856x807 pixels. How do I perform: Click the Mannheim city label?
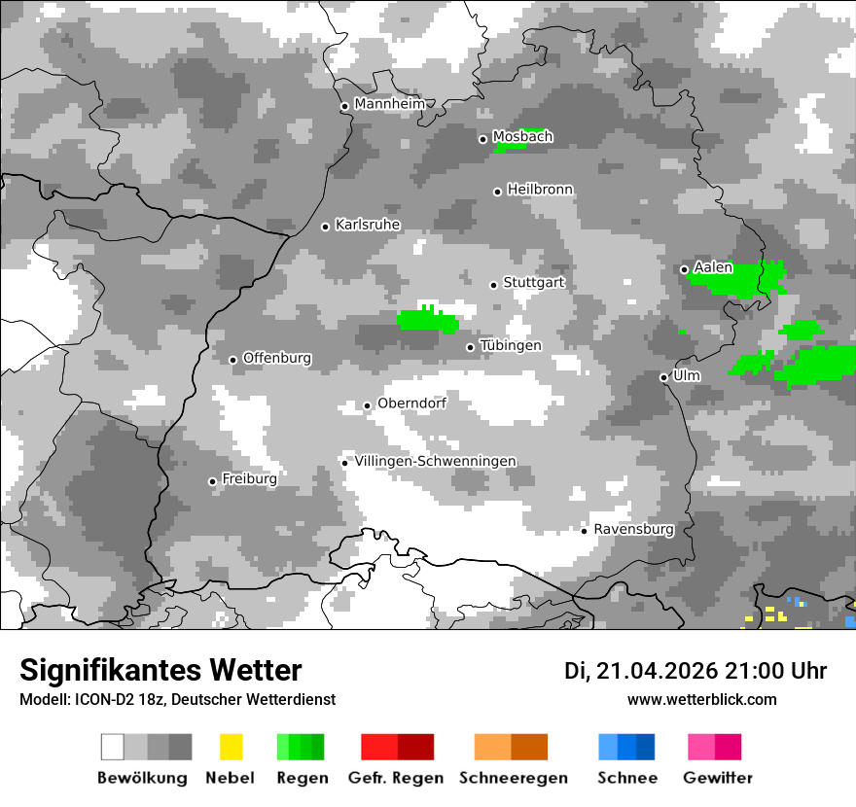pos(390,104)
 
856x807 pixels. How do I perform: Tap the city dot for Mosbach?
pos(482,139)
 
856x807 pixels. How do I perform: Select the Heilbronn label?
pos(540,190)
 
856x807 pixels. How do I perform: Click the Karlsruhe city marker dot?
pos(326,227)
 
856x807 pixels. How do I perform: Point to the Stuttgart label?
pos(534,283)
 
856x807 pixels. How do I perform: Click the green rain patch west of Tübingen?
pos(427,322)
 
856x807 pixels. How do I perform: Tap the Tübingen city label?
pos(511,346)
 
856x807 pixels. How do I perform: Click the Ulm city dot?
pos(663,377)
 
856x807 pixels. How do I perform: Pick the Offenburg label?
pos(277,358)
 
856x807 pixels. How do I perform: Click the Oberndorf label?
pos(411,403)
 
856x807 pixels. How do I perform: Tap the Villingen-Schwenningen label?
pos(435,461)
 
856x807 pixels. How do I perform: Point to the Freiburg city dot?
pos(212,481)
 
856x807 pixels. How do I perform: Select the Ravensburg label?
pos(633,529)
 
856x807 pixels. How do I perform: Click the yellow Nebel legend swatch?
pos(231,747)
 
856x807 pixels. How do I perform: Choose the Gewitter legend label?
pos(717,778)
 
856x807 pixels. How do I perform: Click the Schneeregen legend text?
pos(513,778)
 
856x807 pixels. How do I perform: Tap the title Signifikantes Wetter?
pos(160,670)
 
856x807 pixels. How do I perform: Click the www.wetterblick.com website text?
pos(701,699)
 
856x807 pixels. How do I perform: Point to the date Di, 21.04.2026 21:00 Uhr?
pos(695,671)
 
